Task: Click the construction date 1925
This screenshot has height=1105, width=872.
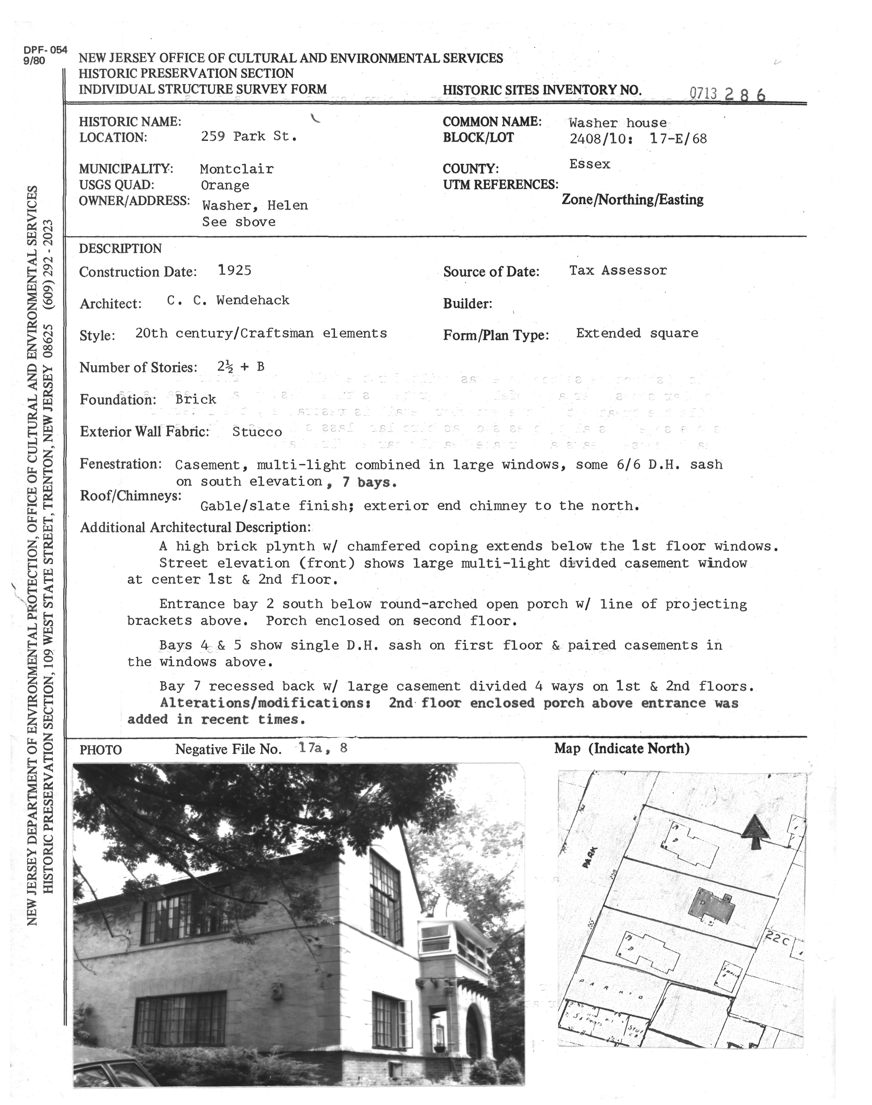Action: click(x=234, y=270)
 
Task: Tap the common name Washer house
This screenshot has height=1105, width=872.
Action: click(x=618, y=123)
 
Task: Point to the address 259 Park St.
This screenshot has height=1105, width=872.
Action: click(x=249, y=136)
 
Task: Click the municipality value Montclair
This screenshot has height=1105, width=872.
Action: click(x=236, y=169)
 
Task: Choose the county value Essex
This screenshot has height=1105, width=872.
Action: click(x=590, y=164)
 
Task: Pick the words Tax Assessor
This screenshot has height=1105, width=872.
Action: click(x=618, y=270)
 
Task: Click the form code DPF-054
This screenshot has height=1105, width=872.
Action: click(x=45, y=50)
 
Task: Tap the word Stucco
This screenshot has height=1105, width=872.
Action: click(x=257, y=432)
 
